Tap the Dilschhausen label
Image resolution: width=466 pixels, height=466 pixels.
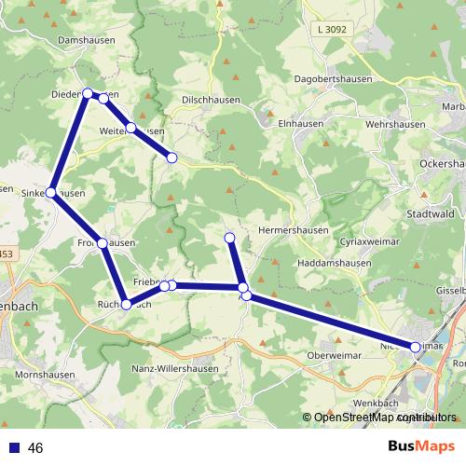212,100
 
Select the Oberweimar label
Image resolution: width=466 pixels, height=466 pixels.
336,355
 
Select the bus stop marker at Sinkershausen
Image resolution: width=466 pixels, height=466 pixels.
51,193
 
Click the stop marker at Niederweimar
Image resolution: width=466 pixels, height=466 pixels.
416,346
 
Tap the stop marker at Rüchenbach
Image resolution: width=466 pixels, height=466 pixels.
127,304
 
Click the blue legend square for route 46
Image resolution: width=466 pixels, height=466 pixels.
14,448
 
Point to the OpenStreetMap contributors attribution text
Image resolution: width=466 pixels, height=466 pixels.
379,418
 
